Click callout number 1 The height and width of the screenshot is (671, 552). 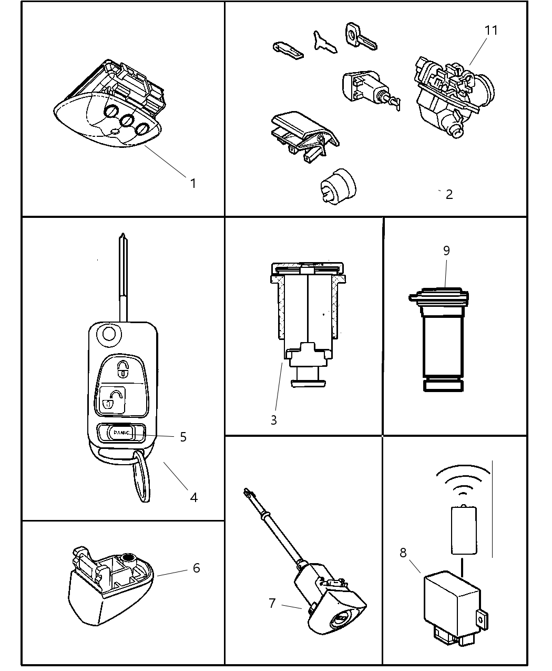click(x=193, y=183)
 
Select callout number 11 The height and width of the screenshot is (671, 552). click(x=490, y=31)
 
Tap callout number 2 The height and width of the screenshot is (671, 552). click(x=448, y=194)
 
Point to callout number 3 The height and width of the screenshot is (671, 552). click(x=273, y=420)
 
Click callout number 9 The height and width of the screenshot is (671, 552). click(x=446, y=251)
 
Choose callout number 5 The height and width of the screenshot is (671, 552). click(x=183, y=437)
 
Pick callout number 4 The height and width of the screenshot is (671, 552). click(x=193, y=497)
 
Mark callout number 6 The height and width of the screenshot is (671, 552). click(x=196, y=568)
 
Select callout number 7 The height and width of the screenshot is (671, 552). click(x=272, y=603)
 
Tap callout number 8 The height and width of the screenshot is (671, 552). click(x=403, y=553)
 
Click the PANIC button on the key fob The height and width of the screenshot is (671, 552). click(x=121, y=433)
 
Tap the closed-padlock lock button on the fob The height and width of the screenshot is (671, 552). click(x=122, y=369)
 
